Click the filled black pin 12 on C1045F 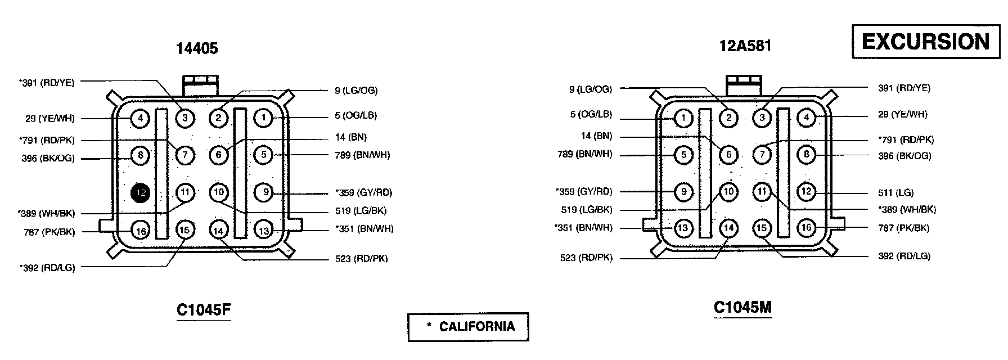[x=141, y=193]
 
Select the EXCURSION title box [x=925, y=42]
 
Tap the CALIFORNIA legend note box [x=469, y=327]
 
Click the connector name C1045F [x=204, y=310]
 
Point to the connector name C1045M [x=742, y=308]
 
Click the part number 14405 [x=197, y=48]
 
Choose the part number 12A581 [x=745, y=46]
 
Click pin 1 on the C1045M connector [x=683, y=118]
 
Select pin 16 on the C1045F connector [x=141, y=230]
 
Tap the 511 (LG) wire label [x=896, y=192]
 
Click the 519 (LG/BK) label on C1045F [x=360, y=211]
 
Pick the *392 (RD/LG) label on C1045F [x=47, y=268]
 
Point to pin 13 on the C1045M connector [x=683, y=228]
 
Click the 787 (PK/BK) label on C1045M [x=903, y=228]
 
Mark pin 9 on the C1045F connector [x=264, y=193]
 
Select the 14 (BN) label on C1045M [x=596, y=136]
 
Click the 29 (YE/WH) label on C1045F [x=49, y=119]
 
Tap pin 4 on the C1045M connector [x=807, y=118]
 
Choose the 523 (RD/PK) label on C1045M [x=586, y=258]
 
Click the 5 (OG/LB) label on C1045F [x=355, y=115]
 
